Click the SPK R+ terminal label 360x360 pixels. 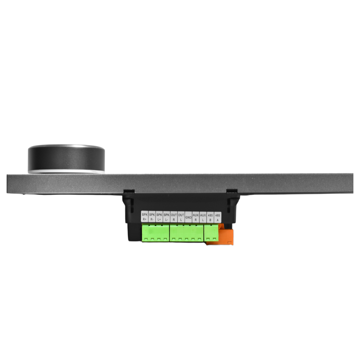coord(144,217)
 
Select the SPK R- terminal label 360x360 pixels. coord(152,217)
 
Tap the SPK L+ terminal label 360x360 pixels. coord(159,217)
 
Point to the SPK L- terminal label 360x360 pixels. coord(166,217)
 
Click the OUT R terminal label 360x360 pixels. coord(174,217)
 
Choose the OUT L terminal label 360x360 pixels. coord(181,217)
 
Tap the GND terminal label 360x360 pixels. coord(188,217)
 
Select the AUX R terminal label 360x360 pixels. coord(196,217)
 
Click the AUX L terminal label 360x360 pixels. coord(203,217)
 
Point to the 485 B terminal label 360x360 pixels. coord(210,217)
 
